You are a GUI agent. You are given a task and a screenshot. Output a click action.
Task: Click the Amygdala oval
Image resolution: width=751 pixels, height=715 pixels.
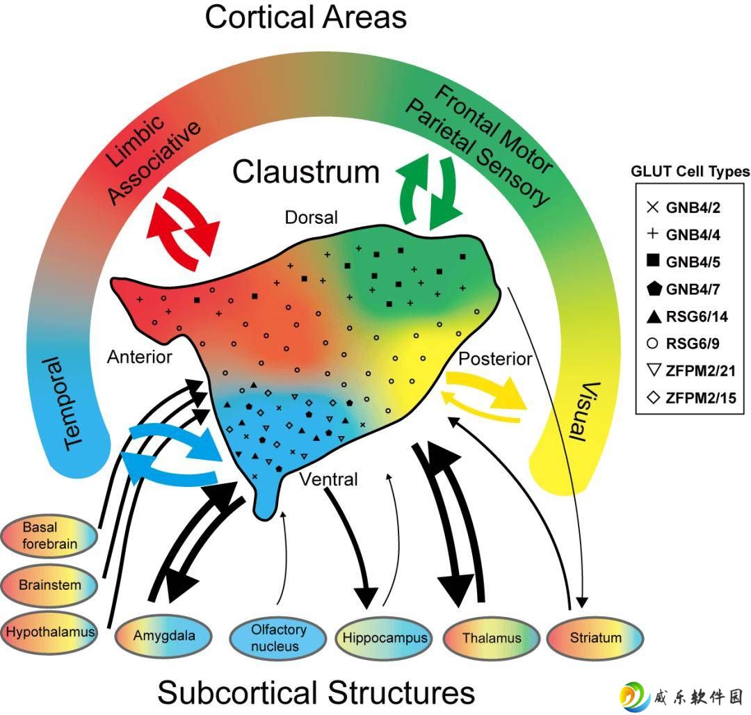pos(163,636)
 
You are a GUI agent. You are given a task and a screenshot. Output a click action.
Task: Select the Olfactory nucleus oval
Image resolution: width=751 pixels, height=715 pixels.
pos(277,637)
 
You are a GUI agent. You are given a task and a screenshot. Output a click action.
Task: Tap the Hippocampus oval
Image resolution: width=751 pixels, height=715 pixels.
pos(385,638)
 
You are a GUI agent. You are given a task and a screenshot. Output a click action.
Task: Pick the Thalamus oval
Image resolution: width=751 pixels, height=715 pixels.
pos(492,638)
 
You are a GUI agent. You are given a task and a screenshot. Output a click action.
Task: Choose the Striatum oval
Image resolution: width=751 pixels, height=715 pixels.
pos(595,638)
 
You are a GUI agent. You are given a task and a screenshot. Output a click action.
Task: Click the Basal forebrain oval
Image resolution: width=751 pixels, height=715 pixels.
pos(49,536)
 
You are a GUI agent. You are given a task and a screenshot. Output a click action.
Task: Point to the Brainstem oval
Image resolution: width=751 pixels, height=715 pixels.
pos(49,585)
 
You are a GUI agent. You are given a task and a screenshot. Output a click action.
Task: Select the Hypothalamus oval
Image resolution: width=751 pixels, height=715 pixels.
pos(49,632)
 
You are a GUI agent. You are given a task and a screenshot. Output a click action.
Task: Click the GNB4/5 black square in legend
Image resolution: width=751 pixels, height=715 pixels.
pos(653,260)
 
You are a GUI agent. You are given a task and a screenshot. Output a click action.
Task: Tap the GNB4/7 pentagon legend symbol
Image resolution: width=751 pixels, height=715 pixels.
pos(654,289)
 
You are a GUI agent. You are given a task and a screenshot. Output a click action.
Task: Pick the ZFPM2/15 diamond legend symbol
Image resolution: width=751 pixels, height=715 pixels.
pos(653,397)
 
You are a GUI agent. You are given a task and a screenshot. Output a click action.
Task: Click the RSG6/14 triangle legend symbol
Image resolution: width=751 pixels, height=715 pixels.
pos(654,316)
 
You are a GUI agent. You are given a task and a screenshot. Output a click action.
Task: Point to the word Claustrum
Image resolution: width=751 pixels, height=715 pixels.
pos(306,172)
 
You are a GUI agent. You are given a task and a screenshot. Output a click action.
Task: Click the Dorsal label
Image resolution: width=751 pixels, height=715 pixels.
pos(312,218)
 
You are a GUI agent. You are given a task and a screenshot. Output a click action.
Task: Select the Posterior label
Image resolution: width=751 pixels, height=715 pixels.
pos(495,359)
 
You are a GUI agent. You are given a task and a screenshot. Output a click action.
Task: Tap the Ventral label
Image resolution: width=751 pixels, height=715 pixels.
pos(328,479)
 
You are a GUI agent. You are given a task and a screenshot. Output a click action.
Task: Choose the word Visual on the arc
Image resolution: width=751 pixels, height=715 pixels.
pos(584,412)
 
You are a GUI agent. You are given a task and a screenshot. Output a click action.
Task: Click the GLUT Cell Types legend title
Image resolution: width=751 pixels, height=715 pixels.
pos(691,171)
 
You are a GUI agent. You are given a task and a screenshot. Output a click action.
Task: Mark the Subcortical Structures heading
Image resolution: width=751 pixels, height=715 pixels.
pos(316,693)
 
